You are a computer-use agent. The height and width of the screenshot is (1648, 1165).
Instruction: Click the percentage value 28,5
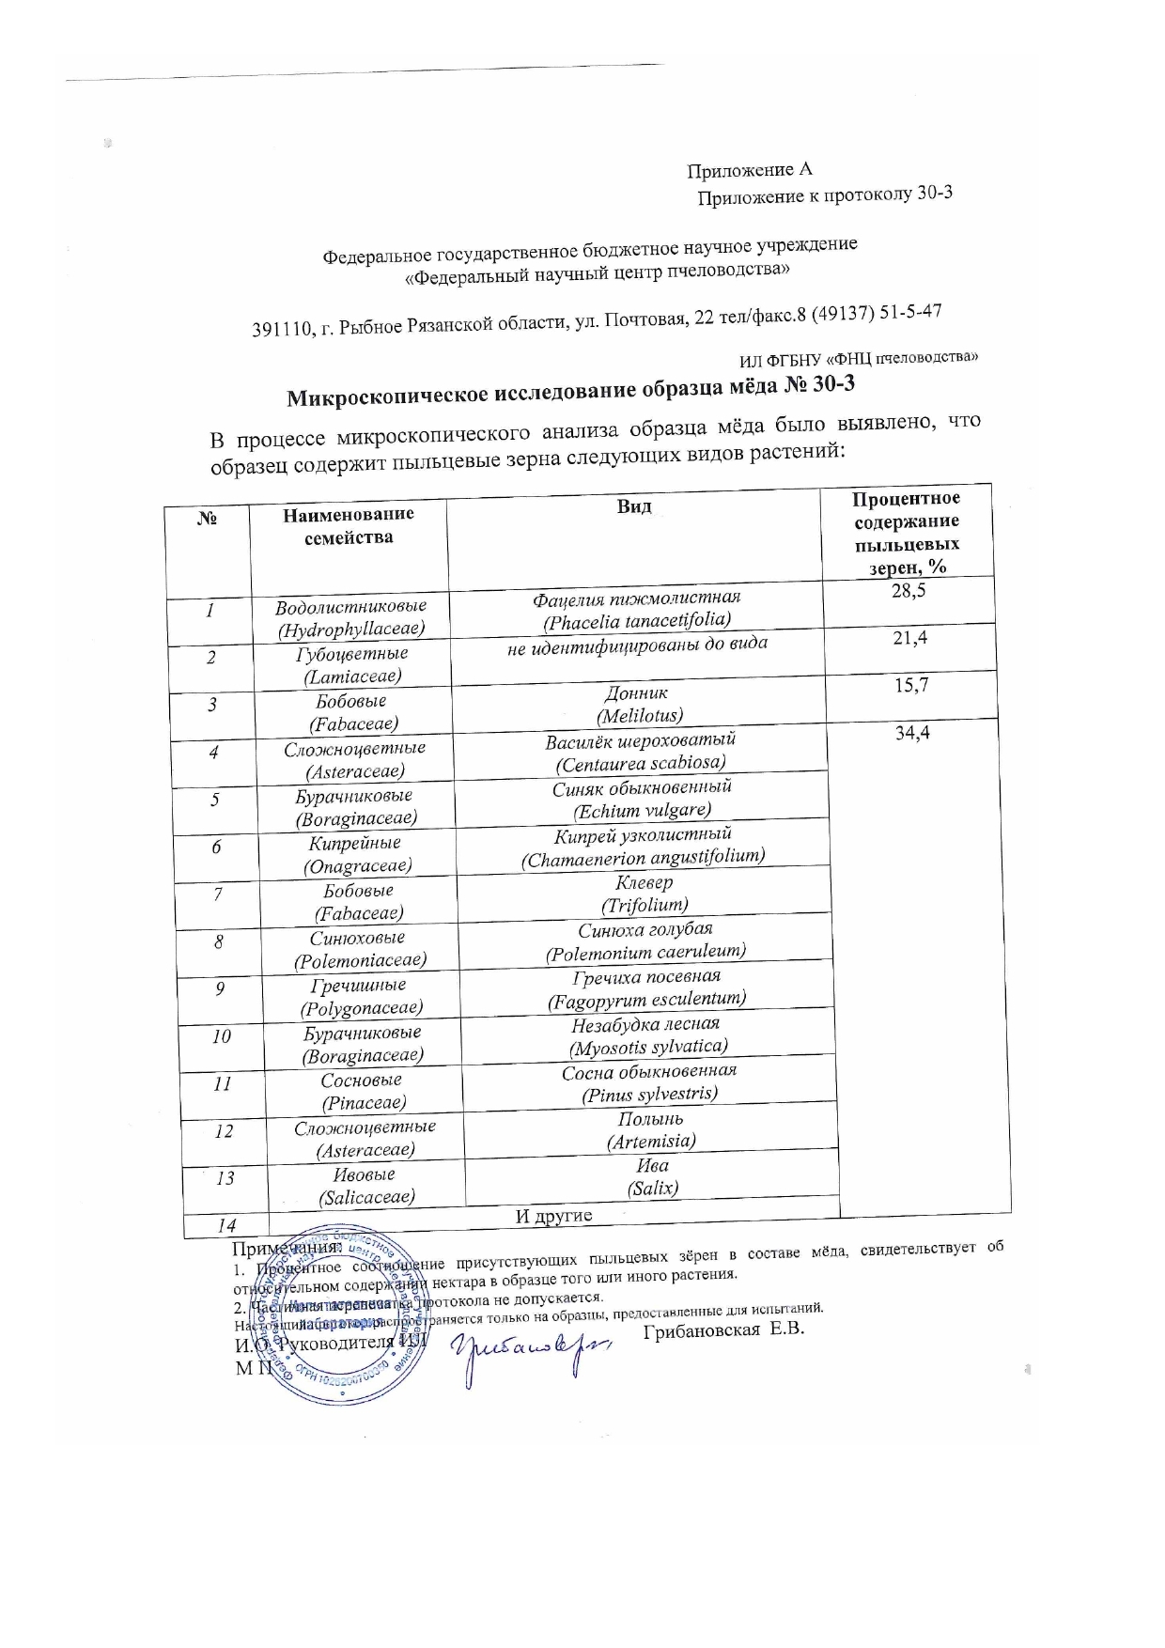(908, 590)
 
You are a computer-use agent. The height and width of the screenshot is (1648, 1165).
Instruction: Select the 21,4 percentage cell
(909, 638)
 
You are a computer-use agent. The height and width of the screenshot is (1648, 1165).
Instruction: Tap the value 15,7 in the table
(911, 685)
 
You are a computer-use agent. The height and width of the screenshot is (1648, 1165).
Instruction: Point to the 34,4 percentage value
(912, 733)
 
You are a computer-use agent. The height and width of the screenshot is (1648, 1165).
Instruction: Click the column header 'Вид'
(634, 506)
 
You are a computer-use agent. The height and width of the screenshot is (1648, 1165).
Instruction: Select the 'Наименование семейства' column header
(349, 525)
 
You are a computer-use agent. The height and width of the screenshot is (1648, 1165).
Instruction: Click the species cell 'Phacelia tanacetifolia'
(637, 609)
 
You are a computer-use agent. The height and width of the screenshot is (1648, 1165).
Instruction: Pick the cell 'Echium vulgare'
(642, 799)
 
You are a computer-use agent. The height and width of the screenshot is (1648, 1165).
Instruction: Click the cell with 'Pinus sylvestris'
(649, 1082)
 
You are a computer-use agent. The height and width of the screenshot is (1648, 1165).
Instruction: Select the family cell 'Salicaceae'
(365, 1186)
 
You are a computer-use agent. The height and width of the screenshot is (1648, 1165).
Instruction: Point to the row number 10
(222, 1036)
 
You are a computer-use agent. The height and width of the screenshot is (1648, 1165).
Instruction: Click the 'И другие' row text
(554, 1216)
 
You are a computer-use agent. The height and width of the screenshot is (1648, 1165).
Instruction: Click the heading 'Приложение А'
(749, 170)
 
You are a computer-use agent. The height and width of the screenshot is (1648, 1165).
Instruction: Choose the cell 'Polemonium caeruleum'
(645, 941)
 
